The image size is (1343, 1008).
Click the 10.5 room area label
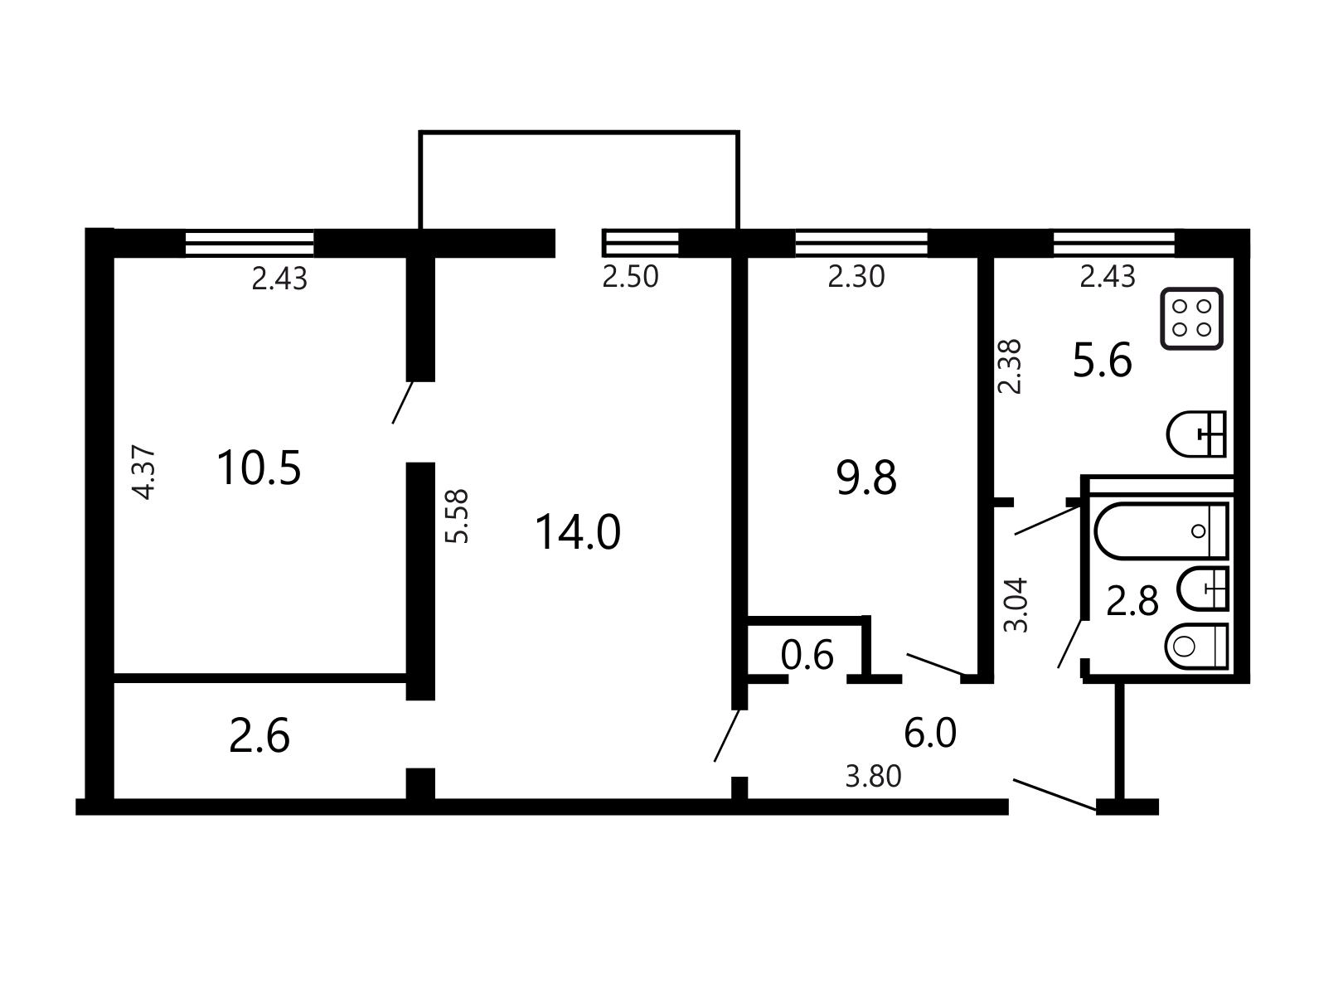pos(259,468)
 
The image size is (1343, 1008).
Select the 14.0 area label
pos(578,532)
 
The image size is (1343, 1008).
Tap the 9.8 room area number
pos(866,477)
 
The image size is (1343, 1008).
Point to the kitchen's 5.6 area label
pos(1103,361)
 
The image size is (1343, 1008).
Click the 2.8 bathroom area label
pos(1132,601)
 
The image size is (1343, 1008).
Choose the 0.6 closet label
pos(807,655)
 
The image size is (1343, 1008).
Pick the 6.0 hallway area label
pos(930,734)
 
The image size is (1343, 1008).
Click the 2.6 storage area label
pos(259,736)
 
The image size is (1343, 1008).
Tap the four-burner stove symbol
pos(1191,318)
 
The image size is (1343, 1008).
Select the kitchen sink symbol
pos(1196,434)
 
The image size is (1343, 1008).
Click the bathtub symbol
pos(1161,531)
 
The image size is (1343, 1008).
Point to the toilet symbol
pos(1197,647)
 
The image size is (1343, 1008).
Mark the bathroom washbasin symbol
pos(1203,589)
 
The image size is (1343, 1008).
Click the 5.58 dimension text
pos(457,516)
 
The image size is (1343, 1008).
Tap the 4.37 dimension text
pos(146,474)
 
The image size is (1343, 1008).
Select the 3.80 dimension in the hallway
pos(873,777)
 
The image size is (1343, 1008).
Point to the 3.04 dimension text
pos(1016,605)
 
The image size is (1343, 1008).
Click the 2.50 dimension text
pos(630,277)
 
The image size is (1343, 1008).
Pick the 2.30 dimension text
pos(856,277)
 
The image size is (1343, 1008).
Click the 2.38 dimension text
pos(1010,366)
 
